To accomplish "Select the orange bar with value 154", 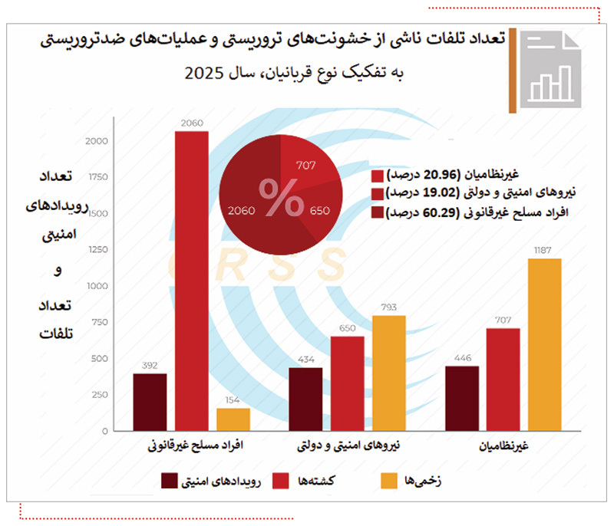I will (233, 420).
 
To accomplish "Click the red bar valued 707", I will (503, 380).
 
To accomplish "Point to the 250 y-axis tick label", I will (99, 395).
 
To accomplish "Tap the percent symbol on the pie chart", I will (280, 198).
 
